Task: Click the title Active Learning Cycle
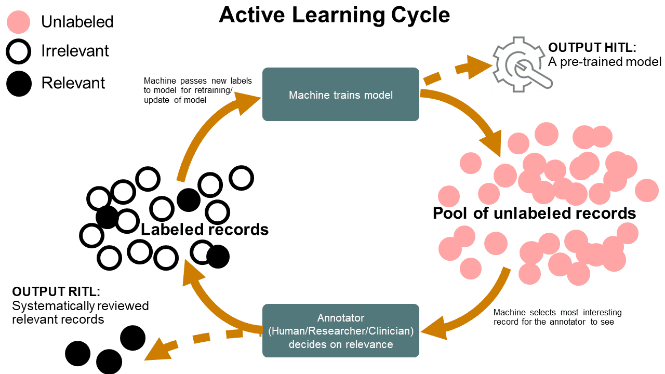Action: (x=334, y=15)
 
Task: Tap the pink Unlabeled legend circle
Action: (x=19, y=22)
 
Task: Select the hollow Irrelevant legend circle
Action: (x=19, y=51)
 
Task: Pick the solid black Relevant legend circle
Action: (x=19, y=83)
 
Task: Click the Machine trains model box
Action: (x=340, y=95)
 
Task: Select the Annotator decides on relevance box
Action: (x=340, y=330)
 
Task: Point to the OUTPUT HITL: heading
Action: (x=592, y=48)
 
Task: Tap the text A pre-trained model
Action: (x=605, y=62)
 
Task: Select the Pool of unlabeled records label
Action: (x=534, y=213)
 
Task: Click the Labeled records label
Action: (x=205, y=229)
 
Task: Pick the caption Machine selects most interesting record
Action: (x=557, y=317)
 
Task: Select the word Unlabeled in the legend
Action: (x=77, y=22)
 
